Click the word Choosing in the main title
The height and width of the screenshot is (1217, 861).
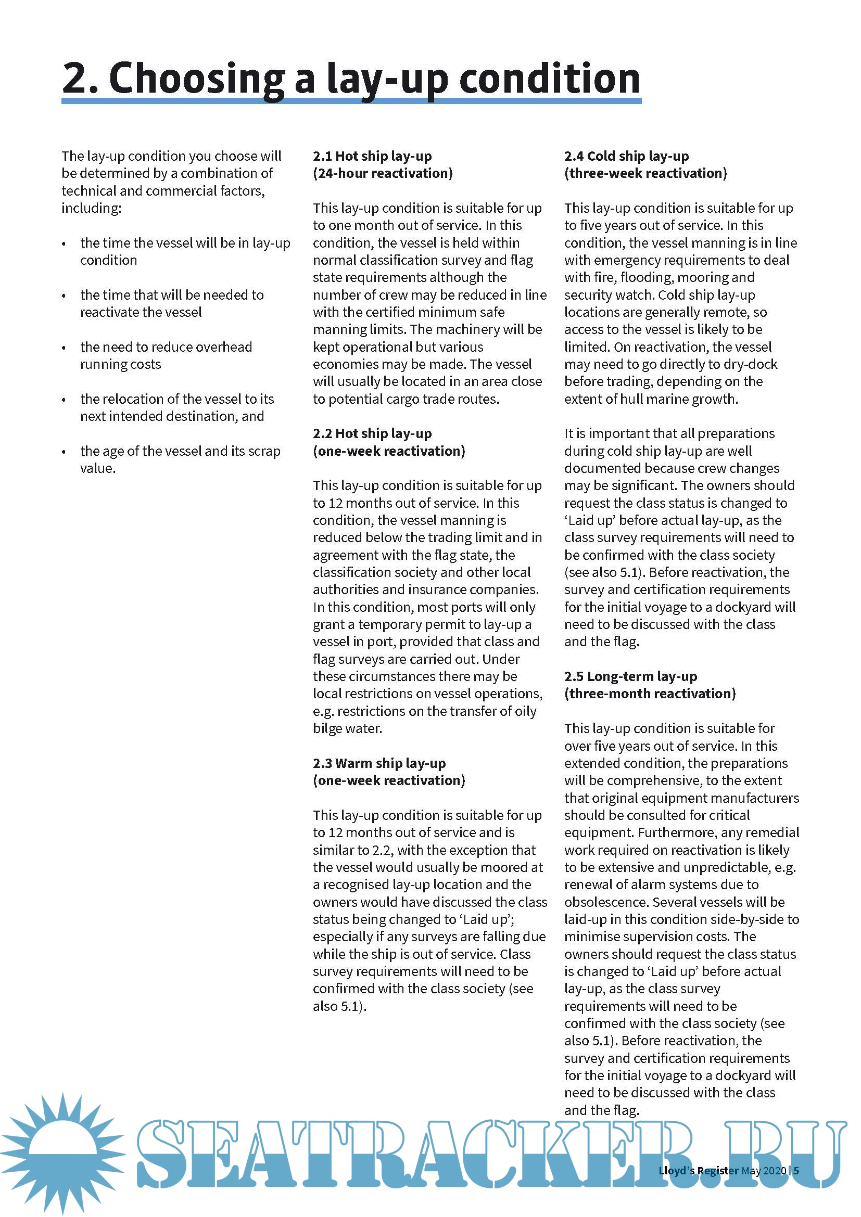tap(197, 79)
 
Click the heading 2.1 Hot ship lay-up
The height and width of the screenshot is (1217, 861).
tap(372, 156)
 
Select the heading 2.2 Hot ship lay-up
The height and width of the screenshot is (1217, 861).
tap(372, 433)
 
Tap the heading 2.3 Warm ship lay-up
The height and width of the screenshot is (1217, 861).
tap(378, 763)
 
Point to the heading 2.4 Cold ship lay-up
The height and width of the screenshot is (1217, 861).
tap(626, 156)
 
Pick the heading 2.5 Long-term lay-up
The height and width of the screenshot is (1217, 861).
tap(630, 676)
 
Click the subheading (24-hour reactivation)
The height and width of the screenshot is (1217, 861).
tap(382, 173)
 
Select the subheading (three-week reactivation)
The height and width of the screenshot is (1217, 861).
tap(645, 173)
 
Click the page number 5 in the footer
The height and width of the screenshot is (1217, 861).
tap(796, 1170)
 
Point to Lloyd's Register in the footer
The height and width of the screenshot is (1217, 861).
tap(698, 1170)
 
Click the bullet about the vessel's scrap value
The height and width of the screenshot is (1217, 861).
tap(180, 459)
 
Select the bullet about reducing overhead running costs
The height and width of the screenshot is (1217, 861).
tap(166, 355)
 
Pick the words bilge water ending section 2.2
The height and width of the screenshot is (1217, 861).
tap(347, 728)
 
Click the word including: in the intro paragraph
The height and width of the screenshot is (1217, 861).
tap(91, 208)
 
